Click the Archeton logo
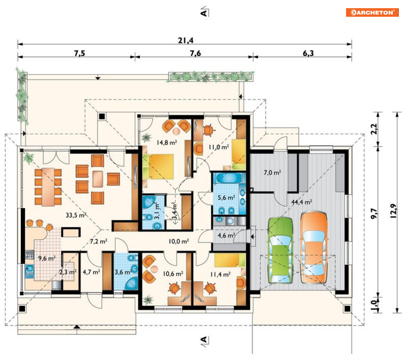click(x=372, y=12)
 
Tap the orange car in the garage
click(x=314, y=247)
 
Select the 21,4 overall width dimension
click(x=185, y=40)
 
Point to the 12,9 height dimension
click(x=394, y=210)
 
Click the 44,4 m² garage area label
click(x=301, y=202)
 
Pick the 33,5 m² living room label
click(x=76, y=215)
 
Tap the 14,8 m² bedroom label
click(x=166, y=142)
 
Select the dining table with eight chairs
click(x=48, y=187)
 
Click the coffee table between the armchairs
click(x=98, y=179)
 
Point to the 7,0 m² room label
click(x=272, y=172)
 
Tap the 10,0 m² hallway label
click(x=179, y=241)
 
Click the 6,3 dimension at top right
click(x=308, y=53)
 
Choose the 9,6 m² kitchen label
click(x=47, y=258)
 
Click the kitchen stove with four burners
click(x=29, y=255)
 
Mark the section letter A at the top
click(x=204, y=12)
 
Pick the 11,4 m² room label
click(x=220, y=274)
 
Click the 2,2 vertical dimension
click(x=374, y=129)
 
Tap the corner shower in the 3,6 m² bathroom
click(x=132, y=283)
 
